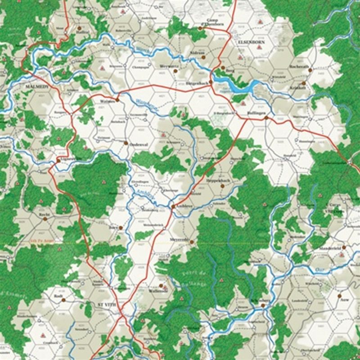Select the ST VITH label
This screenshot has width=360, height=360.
pyautogui.click(x=107, y=305)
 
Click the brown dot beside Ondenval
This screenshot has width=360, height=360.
pyautogui.click(x=125, y=143)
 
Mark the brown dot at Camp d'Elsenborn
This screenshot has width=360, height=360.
pyautogui.click(x=200, y=28)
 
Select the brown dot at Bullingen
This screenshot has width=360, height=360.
pyautogui.click(x=266, y=117)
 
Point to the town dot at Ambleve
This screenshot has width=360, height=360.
pyautogui.click(x=172, y=207)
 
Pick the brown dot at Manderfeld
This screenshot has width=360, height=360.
pyautogui.click(x=343, y=247)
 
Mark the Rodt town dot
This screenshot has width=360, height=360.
pyautogui.click(x=63, y=299)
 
